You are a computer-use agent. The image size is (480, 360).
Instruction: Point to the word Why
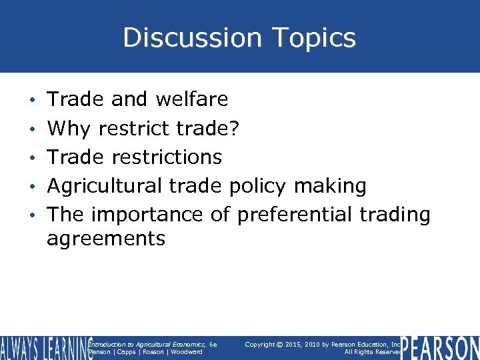tap(68, 127)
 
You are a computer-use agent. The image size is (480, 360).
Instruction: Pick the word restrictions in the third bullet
tap(167, 157)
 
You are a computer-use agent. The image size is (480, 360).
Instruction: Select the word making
tap(339, 186)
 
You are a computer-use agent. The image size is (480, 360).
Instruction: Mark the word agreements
tap(105, 238)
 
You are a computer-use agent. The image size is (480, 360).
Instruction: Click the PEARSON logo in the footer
tap(441, 348)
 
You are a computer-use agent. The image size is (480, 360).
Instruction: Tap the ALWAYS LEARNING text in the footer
tap(45, 348)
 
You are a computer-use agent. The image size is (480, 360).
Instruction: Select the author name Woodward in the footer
tap(186, 352)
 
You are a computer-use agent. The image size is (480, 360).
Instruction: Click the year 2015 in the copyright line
tap(304, 344)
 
